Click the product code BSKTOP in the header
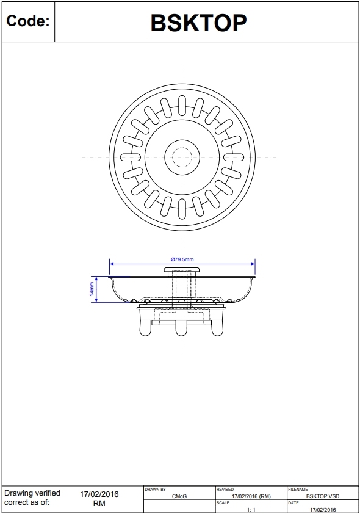click(198, 23)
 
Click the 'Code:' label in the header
click(27, 22)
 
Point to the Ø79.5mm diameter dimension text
click(182, 260)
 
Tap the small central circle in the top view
click(182, 157)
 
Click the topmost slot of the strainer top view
click(182, 104)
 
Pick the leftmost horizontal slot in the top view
click(130, 157)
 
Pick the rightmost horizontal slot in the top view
click(234, 157)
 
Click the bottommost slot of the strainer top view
click(182, 209)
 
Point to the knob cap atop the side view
click(182, 269)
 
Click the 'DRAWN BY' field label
click(155, 490)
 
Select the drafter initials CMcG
click(179, 497)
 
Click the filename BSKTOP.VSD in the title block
click(323, 497)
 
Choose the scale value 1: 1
click(251, 509)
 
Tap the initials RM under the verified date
click(99, 504)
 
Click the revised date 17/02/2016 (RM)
click(251, 497)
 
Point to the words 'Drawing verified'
click(32, 493)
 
